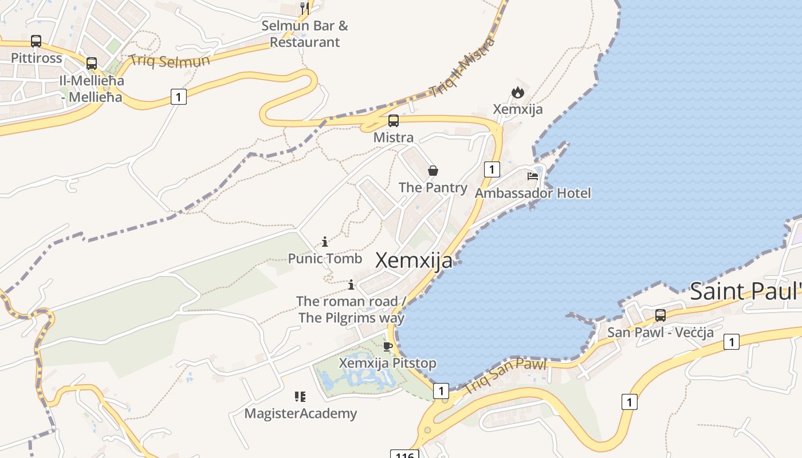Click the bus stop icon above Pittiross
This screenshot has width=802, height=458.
36,41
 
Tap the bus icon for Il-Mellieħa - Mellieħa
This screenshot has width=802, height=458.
92,64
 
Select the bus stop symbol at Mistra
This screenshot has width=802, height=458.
394,121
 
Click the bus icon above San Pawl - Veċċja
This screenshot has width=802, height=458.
661,315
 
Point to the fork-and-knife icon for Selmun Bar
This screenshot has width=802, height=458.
305,8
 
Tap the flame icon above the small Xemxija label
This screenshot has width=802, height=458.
518,92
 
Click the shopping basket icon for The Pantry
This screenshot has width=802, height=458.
433,171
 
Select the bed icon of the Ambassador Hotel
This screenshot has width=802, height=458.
533,176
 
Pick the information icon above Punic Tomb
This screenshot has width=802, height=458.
325,242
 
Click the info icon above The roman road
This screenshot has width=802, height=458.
351,285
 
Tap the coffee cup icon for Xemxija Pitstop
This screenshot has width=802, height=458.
388,346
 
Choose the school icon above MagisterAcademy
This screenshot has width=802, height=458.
300,396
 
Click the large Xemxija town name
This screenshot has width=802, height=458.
414,260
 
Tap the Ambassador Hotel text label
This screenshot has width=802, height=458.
533,193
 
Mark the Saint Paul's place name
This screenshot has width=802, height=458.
745,291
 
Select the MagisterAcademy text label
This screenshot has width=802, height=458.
301,413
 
